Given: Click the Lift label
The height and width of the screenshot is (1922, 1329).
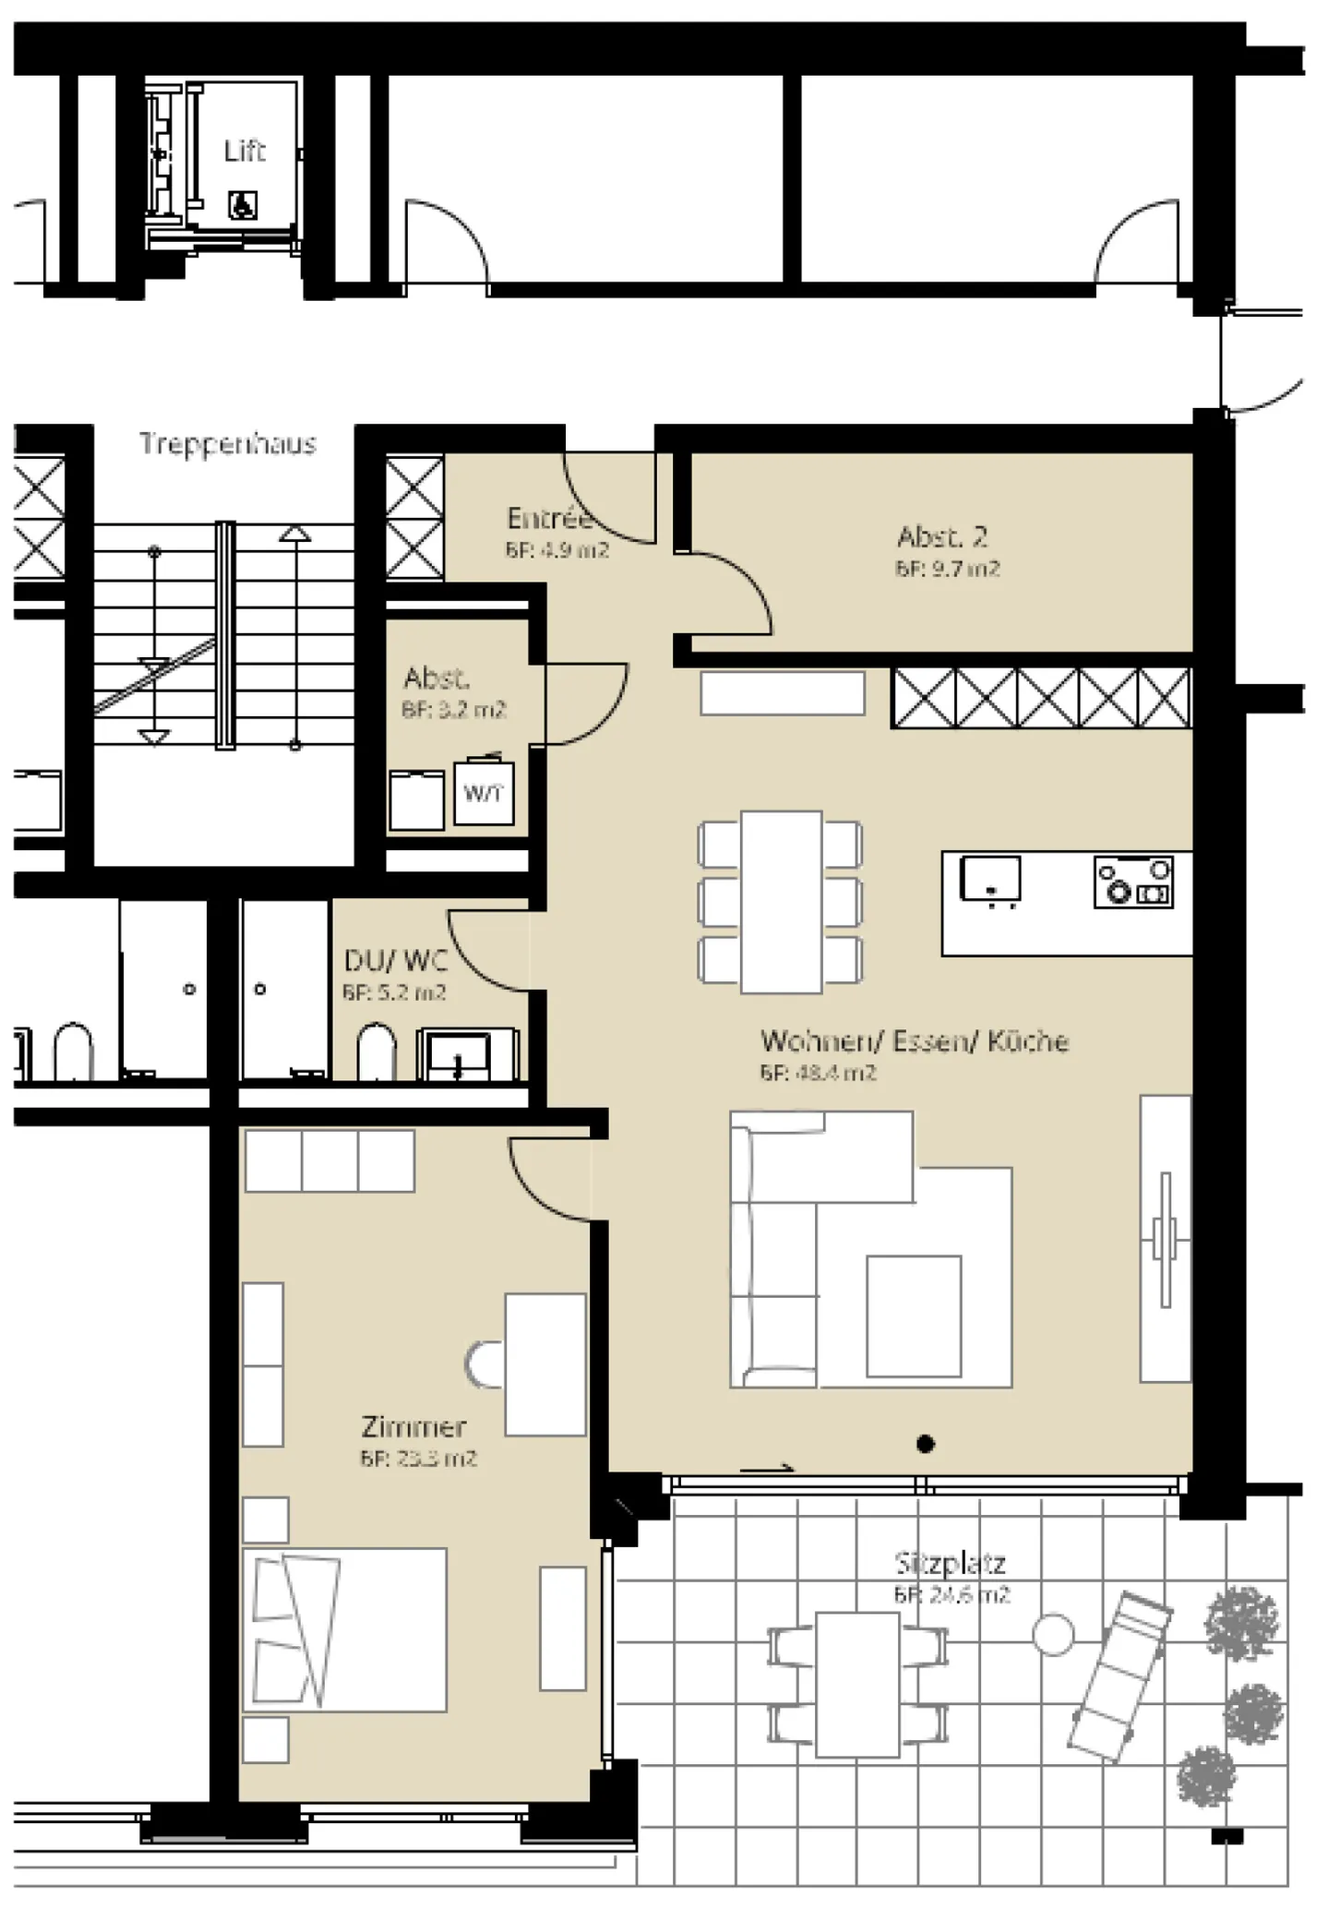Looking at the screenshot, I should tap(245, 150).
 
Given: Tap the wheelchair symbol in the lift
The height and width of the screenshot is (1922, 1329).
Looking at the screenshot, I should tap(243, 204).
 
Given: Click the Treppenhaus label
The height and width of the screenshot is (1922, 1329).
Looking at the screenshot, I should tap(228, 444).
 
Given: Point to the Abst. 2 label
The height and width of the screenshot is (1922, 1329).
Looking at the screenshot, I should tap(942, 537).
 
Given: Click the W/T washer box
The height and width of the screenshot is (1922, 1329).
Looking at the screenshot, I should tap(484, 792).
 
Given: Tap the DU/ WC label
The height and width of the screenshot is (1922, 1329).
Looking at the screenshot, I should tap(395, 961).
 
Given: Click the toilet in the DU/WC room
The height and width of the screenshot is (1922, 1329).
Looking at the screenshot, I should tap(376, 1051).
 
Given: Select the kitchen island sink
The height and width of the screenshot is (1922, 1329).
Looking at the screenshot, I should tap(990, 878).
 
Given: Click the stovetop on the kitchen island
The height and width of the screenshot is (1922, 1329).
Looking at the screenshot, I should tap(1133, 882).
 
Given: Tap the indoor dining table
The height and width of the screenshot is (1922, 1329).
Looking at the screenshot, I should tap(781, 902).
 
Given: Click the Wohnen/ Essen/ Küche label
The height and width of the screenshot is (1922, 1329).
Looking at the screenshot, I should tap(915, 1041).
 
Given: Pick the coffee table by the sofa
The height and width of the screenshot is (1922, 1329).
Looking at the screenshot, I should tap(914, 1316).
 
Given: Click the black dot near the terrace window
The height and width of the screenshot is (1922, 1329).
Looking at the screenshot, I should tap(926, 1444).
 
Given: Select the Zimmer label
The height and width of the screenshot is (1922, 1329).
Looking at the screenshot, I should tap(413, 1427).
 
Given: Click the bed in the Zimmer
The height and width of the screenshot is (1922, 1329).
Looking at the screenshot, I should tap(345, 1630).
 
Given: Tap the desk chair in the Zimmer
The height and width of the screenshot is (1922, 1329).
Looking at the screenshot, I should tap(484, 1364).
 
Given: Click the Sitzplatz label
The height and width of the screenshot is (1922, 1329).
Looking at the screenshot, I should tap(951, 1564).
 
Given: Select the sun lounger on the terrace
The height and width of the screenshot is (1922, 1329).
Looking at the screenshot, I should tap(1119, 1676).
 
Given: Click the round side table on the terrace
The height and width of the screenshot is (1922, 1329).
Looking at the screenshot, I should tap(1053, 1635).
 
